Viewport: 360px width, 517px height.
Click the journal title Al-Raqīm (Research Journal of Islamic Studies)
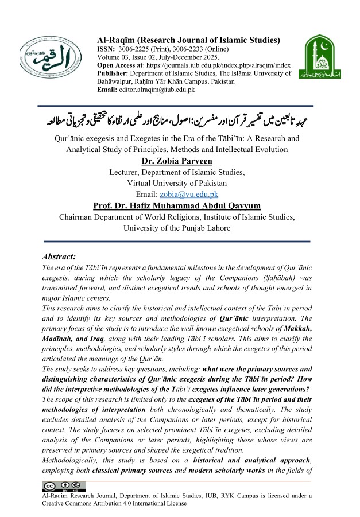pos(189,40)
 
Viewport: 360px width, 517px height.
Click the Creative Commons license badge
pos(56,487)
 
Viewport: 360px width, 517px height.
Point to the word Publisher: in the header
pos(114,73)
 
